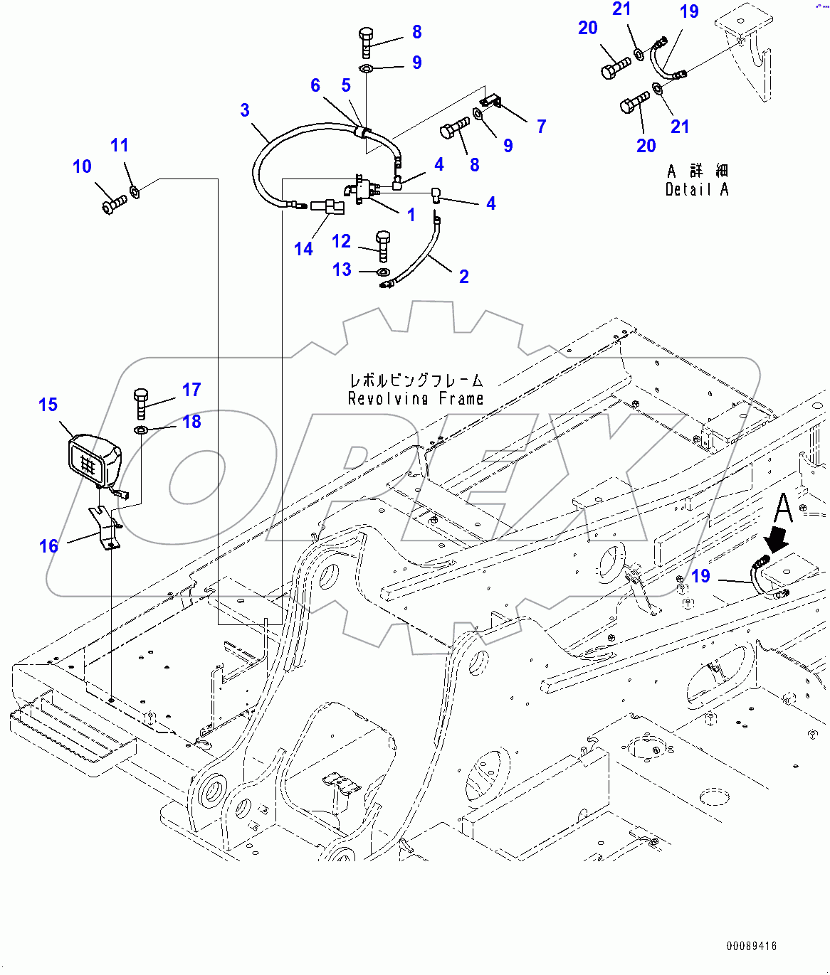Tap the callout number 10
pos(82,166)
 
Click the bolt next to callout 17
pos(141,403)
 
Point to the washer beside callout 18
pos(141,430)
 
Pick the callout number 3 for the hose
pos(245,110)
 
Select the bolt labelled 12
pos(383,245)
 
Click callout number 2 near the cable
pos(464,277)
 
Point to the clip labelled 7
pos(490,101)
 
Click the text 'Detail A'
pos(697,189)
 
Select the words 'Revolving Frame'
pos(416,399)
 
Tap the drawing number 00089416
pos(752,946)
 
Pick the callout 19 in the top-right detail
pos(689,12)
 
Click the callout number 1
pos(411,215)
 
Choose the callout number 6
pos(315,85)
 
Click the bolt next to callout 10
pos(114,206)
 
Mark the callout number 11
pos(120,145)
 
